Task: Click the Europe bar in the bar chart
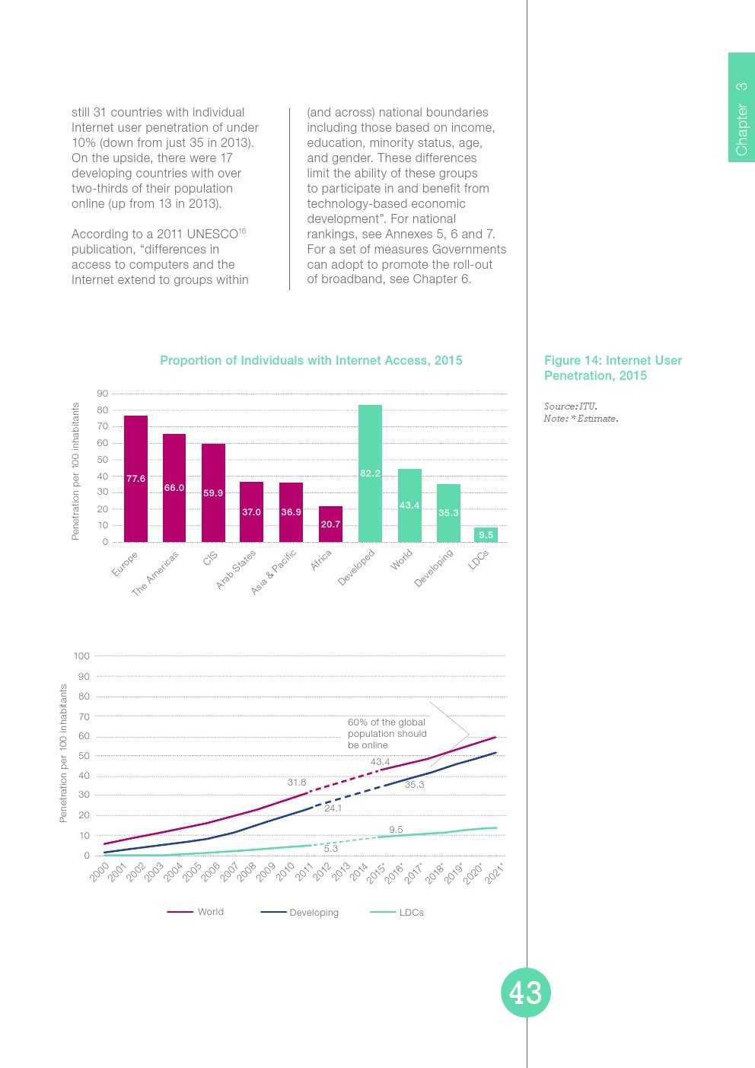click(135, 479)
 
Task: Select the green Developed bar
click(370, 473)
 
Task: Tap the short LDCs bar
click(486, 534)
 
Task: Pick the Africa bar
click(330, 524)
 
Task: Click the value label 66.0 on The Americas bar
click(174, 488)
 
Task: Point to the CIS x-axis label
click(210, 560)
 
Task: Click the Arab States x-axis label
click(236, 570)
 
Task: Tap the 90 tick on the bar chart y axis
click(103, 394)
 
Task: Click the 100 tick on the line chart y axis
click(81, 656)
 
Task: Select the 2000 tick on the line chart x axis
click(100, 872)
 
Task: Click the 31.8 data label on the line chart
click(296, 783)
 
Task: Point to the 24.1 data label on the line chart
click(333, 808)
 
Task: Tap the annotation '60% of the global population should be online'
click(387, 734)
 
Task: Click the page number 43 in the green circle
click(525, 993)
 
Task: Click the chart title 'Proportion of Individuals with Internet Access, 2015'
click(311, 361)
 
